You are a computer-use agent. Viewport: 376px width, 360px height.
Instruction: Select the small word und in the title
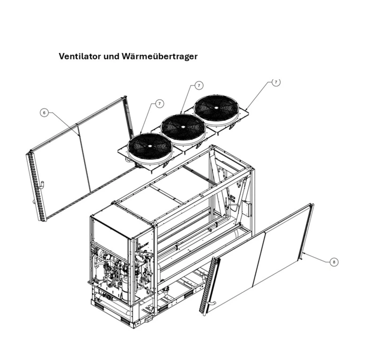pos(110,56)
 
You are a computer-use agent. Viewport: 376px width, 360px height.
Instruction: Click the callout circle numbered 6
pos(44,112)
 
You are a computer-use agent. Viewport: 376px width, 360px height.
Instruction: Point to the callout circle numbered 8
pos(334,262)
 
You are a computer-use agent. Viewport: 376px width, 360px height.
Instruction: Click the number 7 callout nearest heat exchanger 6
pos(159,103)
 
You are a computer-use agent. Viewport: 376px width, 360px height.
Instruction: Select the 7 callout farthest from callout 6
pos(276,82)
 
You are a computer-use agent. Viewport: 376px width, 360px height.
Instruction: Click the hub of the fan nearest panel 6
pos(149,146)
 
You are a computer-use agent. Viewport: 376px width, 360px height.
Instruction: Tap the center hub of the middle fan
pos(182,127)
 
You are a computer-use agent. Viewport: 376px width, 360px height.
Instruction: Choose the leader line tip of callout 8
pos(305,252)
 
